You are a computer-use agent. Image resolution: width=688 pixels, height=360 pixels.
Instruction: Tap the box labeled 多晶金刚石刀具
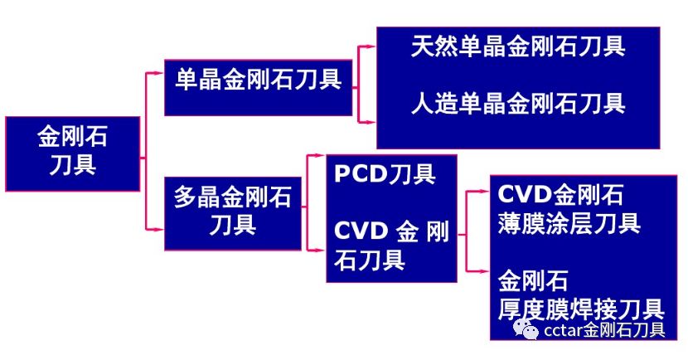(x=233, y=212)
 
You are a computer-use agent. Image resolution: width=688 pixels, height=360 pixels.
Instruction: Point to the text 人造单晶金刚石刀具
(x=518, y=104)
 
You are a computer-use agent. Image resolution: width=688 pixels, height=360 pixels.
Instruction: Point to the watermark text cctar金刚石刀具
(x=604, y=331)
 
